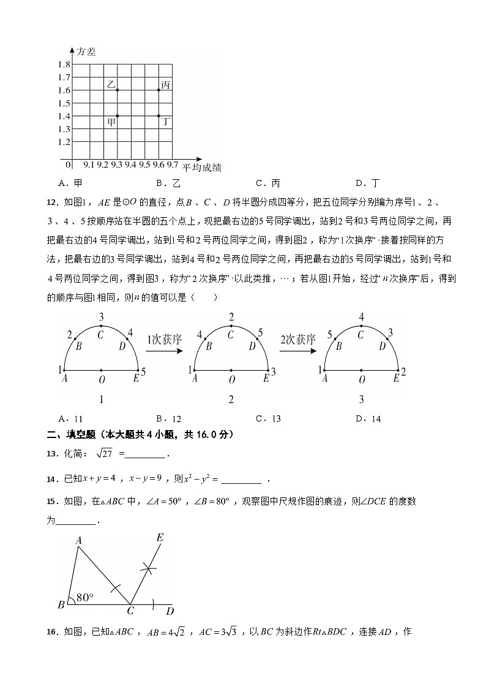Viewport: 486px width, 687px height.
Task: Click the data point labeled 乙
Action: pyautogui.click(x=117, y=90)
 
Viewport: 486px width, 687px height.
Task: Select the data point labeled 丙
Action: pyautogui.click(x=159, y=90)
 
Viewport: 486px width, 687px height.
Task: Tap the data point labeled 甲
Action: pyautogui.click(x=117, y=116)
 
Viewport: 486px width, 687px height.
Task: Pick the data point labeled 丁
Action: pyautogui.click(x=159, y=116)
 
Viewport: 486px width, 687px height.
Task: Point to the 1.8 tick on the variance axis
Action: pyautogui.click(x=64, y=65)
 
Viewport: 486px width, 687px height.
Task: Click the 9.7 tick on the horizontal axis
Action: pyautogui.click(x=173, y=165)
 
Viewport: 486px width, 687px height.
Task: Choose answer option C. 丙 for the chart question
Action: pyautogui.click(x=267, y=183)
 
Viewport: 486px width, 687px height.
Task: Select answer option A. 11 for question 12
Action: pyautogui.click(x=70, y=419)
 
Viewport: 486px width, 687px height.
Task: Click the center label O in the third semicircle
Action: pyautogui.click(x=362, y=381)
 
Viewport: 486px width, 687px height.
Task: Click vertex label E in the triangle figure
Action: pyautogui.click(x=160, y=537)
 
